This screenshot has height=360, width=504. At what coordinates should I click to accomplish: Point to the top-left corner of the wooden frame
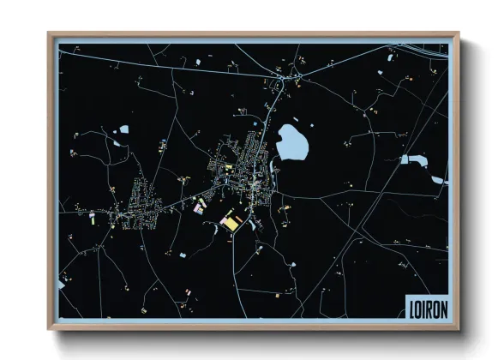(49, 34)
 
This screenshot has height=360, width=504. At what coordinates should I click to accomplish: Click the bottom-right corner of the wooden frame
(459, 330)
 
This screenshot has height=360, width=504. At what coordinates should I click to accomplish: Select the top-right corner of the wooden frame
(459, 34)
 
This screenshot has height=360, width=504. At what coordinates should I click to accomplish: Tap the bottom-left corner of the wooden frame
(49, 330)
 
